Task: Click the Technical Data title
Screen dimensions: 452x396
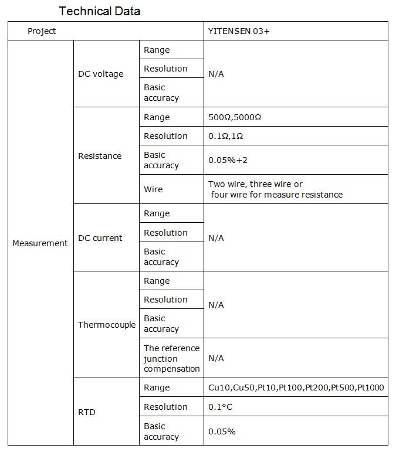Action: tap(100, 11)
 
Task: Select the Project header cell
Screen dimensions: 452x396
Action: tap(42, 31)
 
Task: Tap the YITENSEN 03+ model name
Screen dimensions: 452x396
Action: tap(239, 31)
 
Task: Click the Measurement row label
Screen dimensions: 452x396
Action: tap(40, 243)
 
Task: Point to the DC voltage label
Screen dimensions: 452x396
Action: tap(100, 74)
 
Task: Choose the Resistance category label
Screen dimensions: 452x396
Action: tap(100, 156)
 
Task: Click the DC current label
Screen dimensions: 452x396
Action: tap(100, 238)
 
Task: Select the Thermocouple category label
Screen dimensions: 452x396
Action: tap(107, 325)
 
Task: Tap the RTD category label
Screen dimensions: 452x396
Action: tap(86, 412)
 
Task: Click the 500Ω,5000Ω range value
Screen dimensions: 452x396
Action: tap(235, 117)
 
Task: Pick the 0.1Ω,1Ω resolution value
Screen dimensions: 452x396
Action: tap(225, 136)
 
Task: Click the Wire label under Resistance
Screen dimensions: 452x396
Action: tap(153, 189)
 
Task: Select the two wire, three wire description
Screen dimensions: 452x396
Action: tap(275, 189)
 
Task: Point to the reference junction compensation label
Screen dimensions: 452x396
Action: tap(171, 358)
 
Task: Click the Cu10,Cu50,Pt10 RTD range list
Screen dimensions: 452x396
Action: tap(296, 388)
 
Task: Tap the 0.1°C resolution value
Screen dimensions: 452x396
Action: tap(220, 407)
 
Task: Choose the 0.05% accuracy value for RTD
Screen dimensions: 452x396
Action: tap(222, 431)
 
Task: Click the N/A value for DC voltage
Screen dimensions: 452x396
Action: tap(216, 74)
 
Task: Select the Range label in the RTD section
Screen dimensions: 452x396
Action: tap(157, 388)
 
